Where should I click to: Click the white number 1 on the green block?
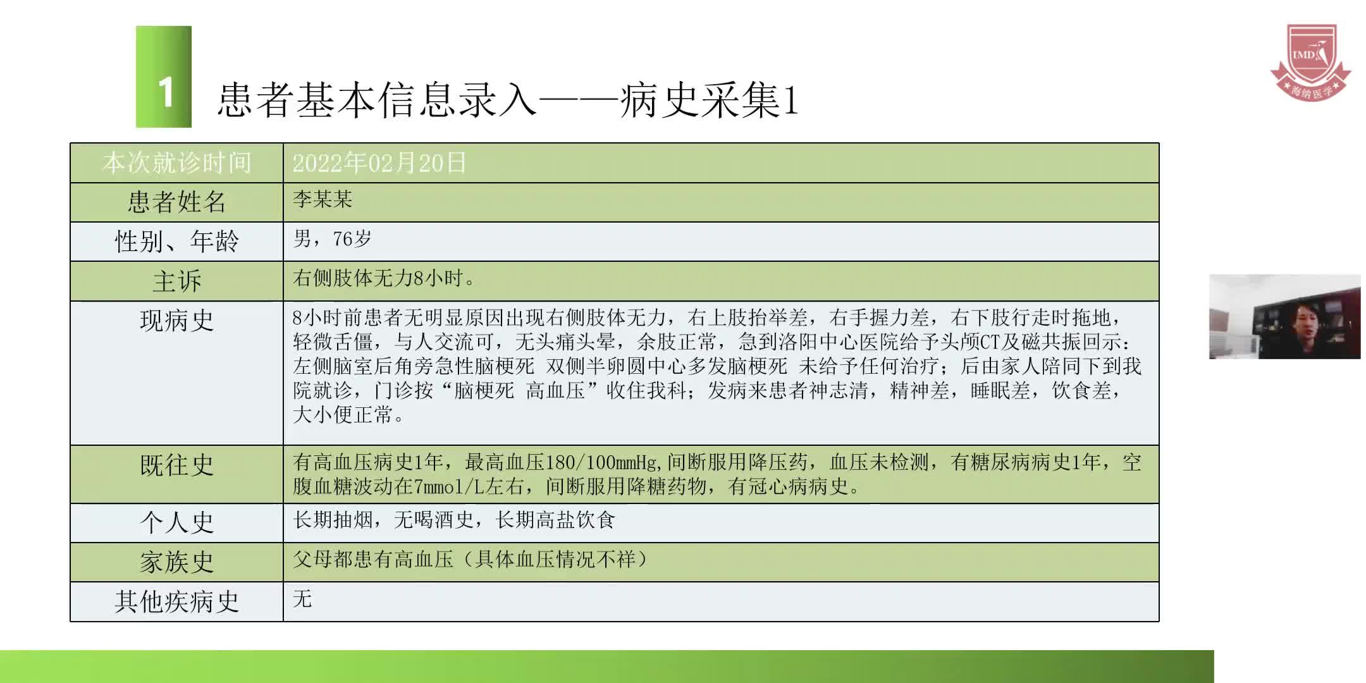pyautogui.click(x=165, y=92)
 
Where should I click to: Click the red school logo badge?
pyautogui.click(x=1310, y=62)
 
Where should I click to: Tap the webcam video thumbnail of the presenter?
pyautogui.click(x=1284, y=317)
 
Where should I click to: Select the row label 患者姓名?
pyautogui.click(x=176, y=202)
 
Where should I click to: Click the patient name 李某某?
pyautogui.click(x=323, y=200)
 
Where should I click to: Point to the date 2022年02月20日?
pyautogui.click(x=379, y=163)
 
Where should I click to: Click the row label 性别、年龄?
pyautogui.click(x=176, y=242)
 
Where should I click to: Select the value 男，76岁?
pyautogui.click(x=332, y=239)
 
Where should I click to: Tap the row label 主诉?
pyautogui.click(x=176, y=281)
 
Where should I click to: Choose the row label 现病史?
pyautogui.click(x=176, y=321)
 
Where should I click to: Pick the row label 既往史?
pyautogui.click(x=176, y=465)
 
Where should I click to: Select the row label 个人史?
pyautogui.click(x=176, y=523)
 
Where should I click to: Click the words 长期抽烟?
pyautogui.click(x=333, y=520)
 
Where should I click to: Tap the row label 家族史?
pyautogui.click(x=176, y=562)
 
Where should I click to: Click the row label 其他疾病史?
pyautogui.click(x=176, y=601)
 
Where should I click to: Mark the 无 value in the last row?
pyautogui.click(x=302, y=598)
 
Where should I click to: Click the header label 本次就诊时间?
pyautogui.click(x=176, y=163)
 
